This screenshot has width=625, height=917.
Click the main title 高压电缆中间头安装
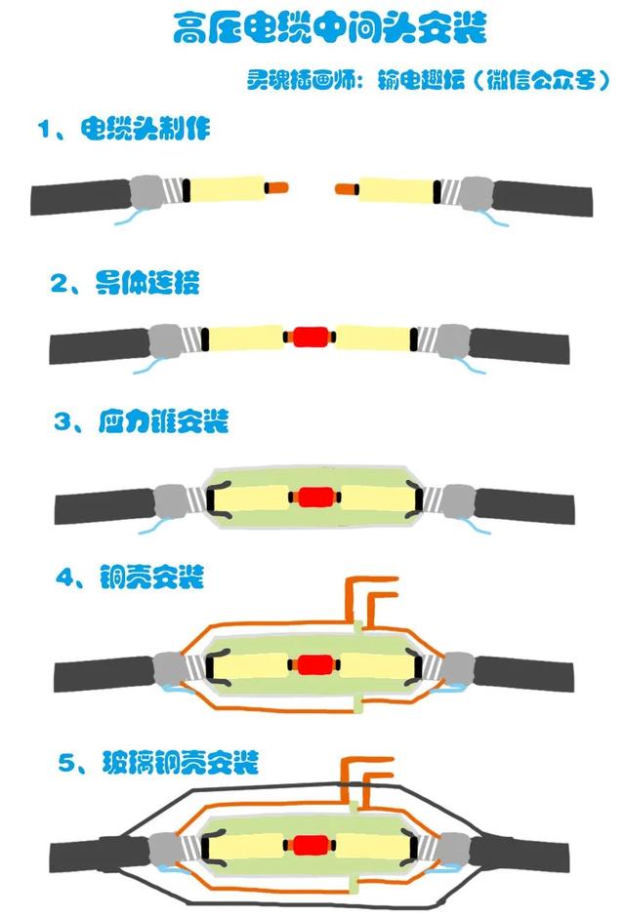click(330, 27)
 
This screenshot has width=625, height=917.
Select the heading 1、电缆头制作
click(124, 129)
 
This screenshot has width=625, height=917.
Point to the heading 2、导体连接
click(125, 283)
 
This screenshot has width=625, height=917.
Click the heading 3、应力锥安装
click(141, 421)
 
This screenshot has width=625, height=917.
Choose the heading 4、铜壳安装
click(129, 577)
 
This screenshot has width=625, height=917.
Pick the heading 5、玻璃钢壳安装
click(158, 762)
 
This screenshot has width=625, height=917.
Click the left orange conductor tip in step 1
click(276, 188)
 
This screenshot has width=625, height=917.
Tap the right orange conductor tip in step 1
click(347, 189)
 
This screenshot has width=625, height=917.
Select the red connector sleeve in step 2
click(310, 337)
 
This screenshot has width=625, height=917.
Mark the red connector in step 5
click(310, 845)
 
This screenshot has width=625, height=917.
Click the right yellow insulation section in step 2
click(373, 339)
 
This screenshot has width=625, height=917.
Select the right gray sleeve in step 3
click(458, 501)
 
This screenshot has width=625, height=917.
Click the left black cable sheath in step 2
click(100, 345)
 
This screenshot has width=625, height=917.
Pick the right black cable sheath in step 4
click(523, 672)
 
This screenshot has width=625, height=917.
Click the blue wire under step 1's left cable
click(130, 217)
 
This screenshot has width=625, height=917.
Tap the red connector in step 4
click(315, 664)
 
